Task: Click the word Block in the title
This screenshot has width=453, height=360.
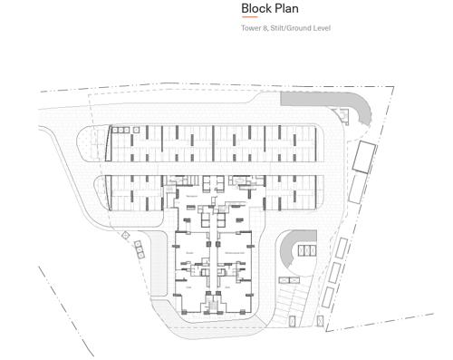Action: [256, 9]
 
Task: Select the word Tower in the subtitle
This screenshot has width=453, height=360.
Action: [251, 28]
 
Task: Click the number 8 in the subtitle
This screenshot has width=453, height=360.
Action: [265, 28]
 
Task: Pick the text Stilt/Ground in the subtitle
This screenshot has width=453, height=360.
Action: [289, 28]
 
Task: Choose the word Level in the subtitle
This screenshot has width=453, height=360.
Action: [321, 28]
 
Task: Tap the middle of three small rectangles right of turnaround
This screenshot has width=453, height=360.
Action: [336, 270]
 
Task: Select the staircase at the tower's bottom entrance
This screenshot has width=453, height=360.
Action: [215, 305]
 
